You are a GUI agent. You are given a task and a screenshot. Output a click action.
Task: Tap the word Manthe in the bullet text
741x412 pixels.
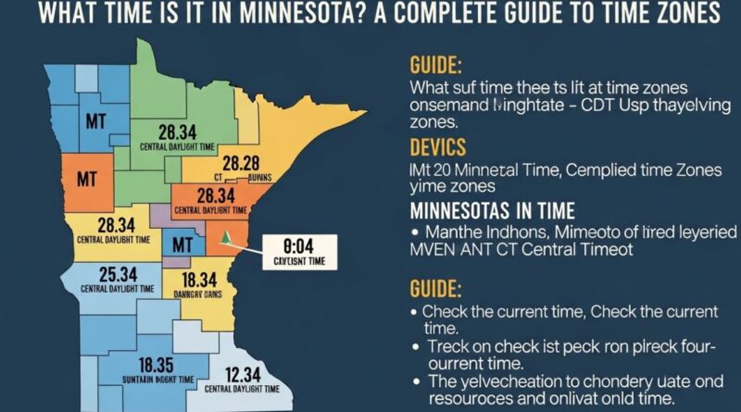[454, 231]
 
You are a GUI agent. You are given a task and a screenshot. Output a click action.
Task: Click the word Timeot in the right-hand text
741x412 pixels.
[612, 250]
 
